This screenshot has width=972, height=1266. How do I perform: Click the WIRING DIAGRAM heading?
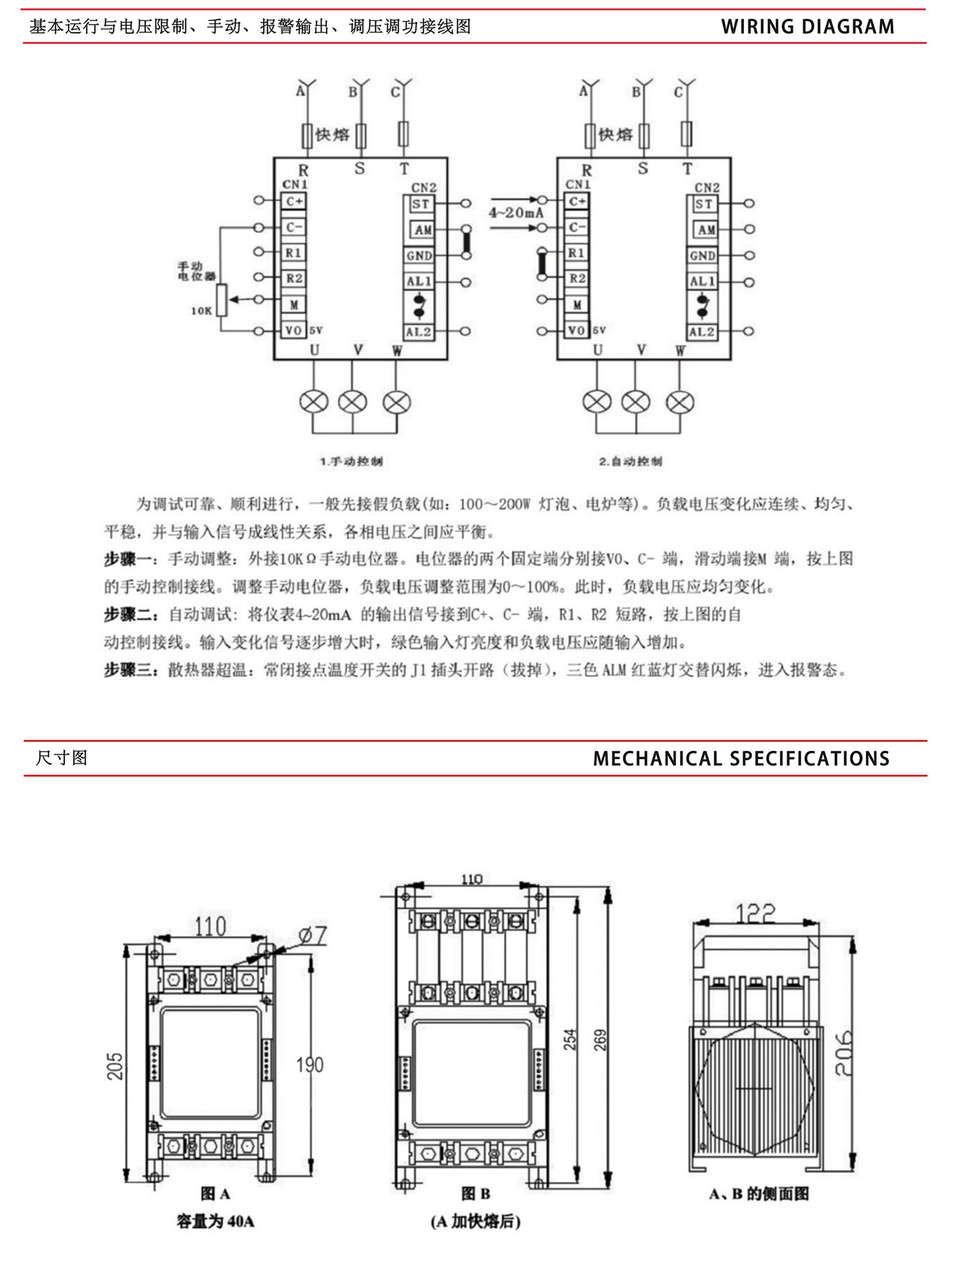click(x=808, y=27)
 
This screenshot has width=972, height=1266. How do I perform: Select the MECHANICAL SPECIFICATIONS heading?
click(x=741, y=759)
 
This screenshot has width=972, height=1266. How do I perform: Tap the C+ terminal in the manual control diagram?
click(x=294, y=201)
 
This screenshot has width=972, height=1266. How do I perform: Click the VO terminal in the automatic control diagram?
click(x=576, y=331)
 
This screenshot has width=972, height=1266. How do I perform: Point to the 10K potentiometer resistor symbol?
click(x=221, y=300)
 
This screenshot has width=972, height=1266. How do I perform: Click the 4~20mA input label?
click(x=516, y=213)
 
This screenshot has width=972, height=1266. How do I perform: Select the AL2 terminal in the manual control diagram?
click(x=419, y=332)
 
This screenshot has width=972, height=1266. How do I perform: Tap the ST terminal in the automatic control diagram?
click(x=704, y=204)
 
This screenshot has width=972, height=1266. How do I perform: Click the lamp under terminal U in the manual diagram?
click(x=313, y=402)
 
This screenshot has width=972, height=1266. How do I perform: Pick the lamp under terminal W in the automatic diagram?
click(x=680, y=402)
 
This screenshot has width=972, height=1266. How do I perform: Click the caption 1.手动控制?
click(x=351, y=461)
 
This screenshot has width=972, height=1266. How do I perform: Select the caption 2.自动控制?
click(x=630, y=461)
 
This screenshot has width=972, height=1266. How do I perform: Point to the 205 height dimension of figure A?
click(x=114, y=1066)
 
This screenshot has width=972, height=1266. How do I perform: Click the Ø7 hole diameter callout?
click(x=313, y=935)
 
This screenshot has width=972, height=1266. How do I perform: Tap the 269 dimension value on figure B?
click(x=600, y=1039)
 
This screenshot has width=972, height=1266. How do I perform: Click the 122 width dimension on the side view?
click(x=755, y=913)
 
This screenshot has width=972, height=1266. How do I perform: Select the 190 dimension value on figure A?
click(x=310, y=1065)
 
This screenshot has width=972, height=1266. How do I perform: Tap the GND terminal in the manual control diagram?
click(x=419, y=256)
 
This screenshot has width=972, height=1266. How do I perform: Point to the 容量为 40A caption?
click(x=215, y=1221)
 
